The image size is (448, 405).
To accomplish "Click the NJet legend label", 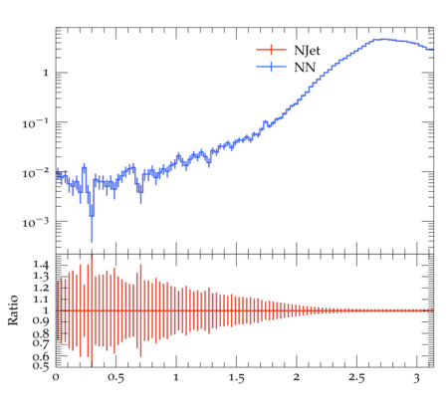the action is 307,51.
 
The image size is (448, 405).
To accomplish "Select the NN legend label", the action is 305,68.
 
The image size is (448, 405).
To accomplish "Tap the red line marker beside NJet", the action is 271,50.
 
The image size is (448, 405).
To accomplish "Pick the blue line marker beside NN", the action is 271,67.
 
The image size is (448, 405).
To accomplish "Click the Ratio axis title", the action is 13,310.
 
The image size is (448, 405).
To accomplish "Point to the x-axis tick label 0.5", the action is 115,378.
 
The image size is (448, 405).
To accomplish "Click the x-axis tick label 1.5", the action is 236,378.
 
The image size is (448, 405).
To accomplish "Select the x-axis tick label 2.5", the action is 356,378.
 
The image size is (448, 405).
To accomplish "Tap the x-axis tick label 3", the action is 417,378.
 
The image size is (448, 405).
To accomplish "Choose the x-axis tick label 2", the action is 297,377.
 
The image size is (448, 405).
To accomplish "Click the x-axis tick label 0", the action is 56,377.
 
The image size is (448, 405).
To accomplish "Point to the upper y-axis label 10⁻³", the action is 35,222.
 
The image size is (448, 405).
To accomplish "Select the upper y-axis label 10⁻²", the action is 35,172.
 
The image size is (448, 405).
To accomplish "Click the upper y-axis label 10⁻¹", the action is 35,122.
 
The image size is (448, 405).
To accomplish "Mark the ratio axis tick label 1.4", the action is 41,265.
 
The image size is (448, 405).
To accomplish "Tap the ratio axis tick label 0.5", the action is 41,365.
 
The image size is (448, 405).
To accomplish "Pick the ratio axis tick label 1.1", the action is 41,300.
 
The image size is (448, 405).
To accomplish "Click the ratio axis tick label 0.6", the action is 41,356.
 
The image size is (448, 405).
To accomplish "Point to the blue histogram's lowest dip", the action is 92,216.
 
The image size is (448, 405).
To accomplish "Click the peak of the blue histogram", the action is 383,39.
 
